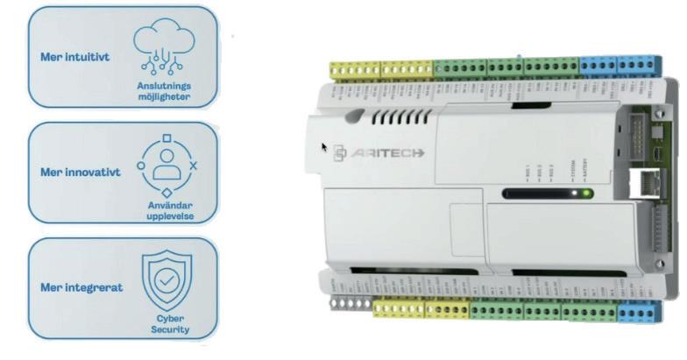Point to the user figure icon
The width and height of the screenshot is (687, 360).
166,165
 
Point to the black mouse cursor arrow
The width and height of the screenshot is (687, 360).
325,147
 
